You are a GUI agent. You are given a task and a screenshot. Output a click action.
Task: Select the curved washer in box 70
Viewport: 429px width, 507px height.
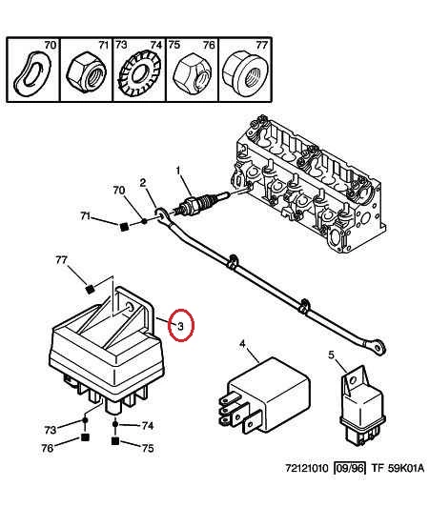32,72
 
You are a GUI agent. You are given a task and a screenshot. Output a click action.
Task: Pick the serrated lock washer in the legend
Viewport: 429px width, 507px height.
139,73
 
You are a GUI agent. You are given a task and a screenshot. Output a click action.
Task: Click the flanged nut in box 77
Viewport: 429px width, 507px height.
245,71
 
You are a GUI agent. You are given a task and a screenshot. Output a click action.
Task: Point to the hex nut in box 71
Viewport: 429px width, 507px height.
87,72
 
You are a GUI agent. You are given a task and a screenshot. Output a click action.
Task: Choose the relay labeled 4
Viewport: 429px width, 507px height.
264,395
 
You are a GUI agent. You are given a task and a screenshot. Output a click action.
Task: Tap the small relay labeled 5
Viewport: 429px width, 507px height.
361,409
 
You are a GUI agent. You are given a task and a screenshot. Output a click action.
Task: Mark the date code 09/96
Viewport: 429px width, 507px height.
350,468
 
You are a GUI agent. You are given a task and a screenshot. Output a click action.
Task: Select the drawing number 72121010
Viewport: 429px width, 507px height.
307,468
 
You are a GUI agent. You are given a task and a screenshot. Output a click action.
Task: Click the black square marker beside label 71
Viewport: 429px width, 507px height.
123,227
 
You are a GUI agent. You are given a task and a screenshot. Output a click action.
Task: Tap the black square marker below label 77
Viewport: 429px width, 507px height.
91,289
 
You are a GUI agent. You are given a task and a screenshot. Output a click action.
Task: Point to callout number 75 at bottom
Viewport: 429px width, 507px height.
148,448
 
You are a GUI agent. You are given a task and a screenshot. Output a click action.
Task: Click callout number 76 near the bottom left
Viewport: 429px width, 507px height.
48,448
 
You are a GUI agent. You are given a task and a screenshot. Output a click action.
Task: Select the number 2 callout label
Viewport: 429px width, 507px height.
143,183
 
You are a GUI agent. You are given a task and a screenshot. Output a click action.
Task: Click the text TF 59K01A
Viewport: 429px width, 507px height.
398,468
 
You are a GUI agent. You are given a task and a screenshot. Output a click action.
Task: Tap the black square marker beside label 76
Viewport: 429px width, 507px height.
85,437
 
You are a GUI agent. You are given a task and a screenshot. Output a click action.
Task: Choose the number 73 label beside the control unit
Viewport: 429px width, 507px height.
51,430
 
